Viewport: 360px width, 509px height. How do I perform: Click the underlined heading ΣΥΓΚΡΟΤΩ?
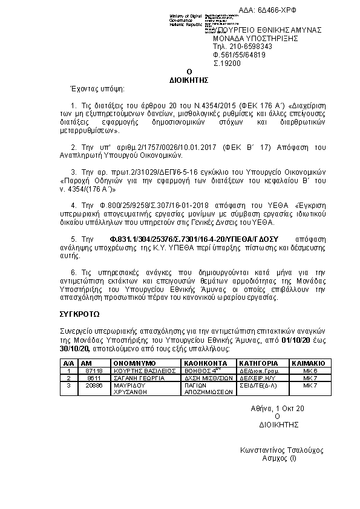[80, 315]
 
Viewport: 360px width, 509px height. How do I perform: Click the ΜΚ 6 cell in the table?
[309, 370]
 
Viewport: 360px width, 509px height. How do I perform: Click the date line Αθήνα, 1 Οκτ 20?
[278, 409]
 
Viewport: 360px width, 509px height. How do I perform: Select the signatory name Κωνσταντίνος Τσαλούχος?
[282, 451]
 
